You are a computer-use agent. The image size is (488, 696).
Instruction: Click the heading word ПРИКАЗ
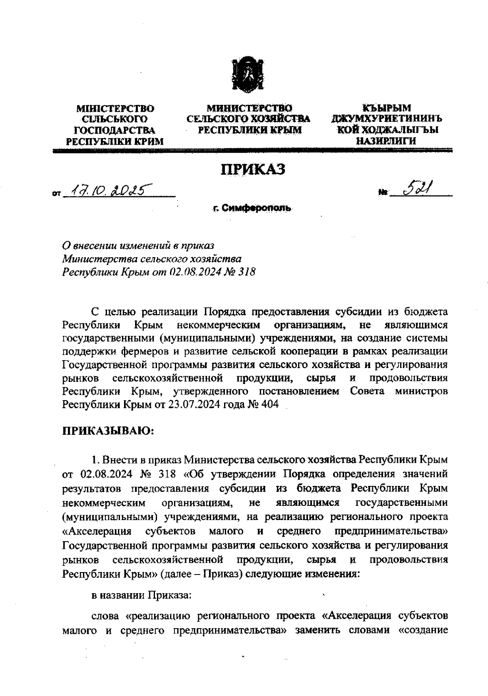click(253, 169)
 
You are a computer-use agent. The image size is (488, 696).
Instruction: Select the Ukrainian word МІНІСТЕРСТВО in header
click(115, 108)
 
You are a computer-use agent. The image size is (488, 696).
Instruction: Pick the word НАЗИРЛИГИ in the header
click(386, 141)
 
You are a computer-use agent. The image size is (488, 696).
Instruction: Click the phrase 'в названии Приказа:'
click(141, 595)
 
